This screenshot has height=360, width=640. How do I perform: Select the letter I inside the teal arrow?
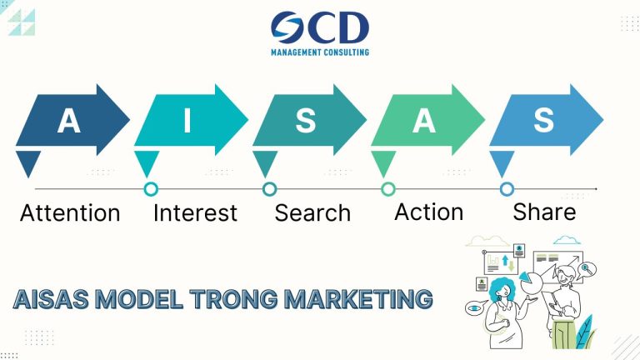187,122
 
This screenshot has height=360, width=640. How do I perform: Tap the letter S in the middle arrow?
306,122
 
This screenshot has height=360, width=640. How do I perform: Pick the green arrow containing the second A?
424,122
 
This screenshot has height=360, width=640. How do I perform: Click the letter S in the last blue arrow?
543,121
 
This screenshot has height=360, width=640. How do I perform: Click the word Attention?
70,213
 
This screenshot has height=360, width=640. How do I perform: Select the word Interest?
195,213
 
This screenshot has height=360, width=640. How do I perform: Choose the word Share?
544,212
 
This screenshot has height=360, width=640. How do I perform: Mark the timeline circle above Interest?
151,189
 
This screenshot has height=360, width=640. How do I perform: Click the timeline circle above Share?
507,189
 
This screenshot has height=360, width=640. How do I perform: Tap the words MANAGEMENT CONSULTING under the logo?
320,52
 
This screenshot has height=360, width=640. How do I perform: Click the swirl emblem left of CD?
289,28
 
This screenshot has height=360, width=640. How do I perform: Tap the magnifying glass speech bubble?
588,268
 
